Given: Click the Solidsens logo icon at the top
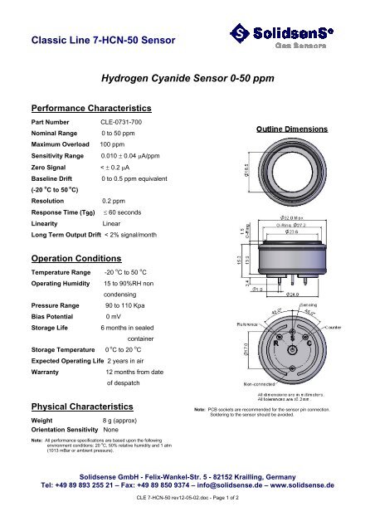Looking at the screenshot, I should pyautogui.click(x=239, y=35).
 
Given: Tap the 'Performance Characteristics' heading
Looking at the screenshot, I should pyautogui.click(x=90, y=108).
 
